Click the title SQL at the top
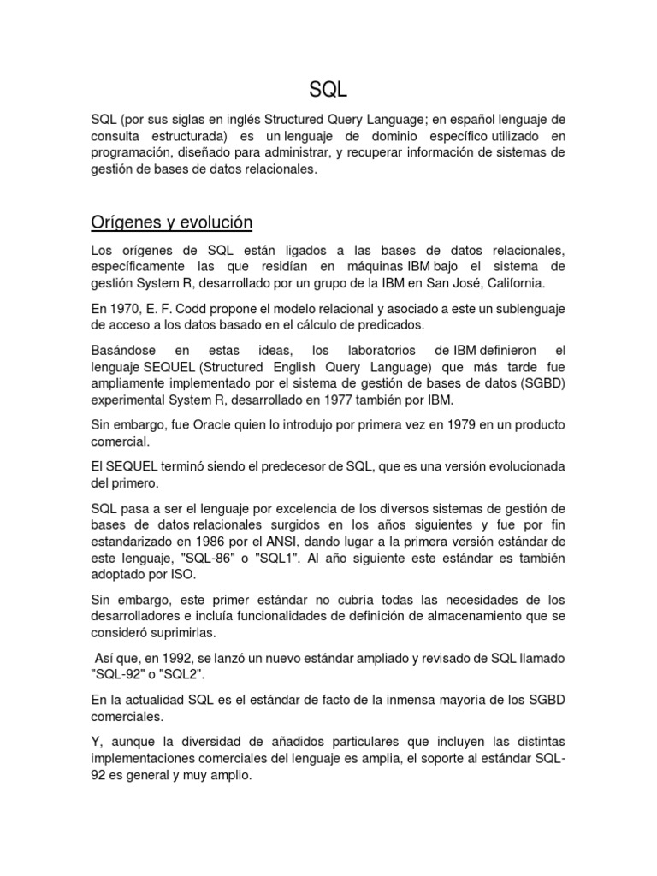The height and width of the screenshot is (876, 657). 328,89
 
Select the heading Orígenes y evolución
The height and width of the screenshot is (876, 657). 172,222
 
